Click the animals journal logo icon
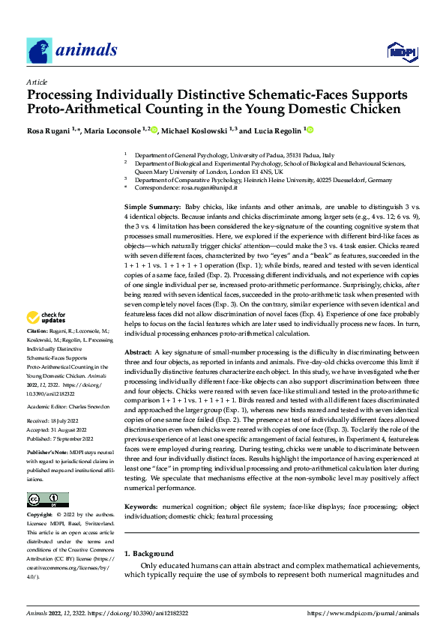(38, 51)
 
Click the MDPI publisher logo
(401, 51)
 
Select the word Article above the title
(36, 82)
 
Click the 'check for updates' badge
(46, 339)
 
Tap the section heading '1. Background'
(148, 553)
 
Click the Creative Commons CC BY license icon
(47, 499)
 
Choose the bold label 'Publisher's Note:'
(48, 454)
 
